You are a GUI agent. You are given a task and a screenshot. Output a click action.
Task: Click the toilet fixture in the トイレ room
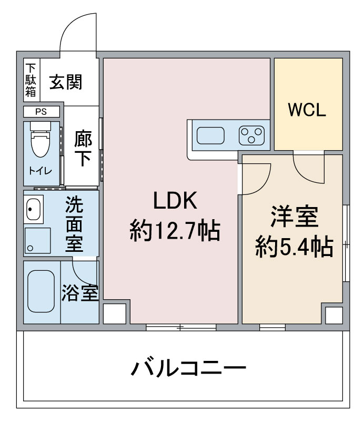coord(41,139)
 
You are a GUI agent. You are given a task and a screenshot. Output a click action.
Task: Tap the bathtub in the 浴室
coord(41,291)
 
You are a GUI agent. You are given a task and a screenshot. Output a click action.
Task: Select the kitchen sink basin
coord(210,135)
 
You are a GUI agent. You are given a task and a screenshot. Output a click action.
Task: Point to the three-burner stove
coord(251,135)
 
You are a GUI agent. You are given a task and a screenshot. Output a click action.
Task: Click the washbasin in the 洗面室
coord(33,209)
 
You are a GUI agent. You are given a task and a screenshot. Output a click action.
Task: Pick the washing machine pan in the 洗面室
coord(37,240)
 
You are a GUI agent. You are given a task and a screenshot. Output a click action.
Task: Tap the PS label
coord(41,112)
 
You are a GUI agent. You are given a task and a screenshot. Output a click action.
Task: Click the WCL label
coord(307,110)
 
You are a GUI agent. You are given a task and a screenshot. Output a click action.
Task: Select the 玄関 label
coord(66,82)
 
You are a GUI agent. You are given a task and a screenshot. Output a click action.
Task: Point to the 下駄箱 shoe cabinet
coord(32,80)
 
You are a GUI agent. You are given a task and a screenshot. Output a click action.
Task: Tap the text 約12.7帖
coord(175,231)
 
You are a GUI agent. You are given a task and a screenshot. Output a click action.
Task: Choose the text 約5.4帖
coord(294,246)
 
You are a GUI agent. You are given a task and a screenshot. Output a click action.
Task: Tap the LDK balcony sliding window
coord(181,327)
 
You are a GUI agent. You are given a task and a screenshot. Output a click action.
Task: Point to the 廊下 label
coord(83,148)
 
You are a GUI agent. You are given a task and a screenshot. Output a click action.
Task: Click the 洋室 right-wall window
coord(346,243)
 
